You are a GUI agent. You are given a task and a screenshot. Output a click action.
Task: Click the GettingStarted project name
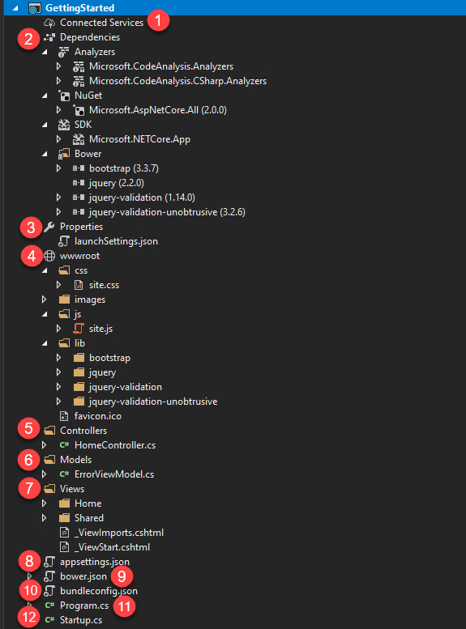click(79, 7)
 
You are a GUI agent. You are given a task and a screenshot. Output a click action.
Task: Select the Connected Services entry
click(101, 23)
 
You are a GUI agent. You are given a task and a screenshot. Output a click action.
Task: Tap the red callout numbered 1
click(158, 20)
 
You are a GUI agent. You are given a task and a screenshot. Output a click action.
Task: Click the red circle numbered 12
click(29, 617)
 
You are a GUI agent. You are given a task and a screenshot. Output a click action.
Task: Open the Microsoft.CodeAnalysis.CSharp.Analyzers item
click(177, 81)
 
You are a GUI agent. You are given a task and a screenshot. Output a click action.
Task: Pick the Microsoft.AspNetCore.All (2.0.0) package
click(158, 110)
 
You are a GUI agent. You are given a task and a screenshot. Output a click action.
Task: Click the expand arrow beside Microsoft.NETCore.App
click(58, 139)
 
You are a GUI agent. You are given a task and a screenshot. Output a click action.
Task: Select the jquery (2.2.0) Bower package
click(117, 183)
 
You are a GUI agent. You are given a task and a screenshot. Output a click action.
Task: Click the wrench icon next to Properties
click(49, 227)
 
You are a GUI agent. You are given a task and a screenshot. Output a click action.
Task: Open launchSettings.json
click(116, 241)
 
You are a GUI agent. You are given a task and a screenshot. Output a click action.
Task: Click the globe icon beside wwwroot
click(49, 256)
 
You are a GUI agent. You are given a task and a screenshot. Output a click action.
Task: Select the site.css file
click(104, 285)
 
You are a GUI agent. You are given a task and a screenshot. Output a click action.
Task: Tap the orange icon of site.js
click(79, 329)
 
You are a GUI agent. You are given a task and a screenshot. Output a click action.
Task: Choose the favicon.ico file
click(97, 416)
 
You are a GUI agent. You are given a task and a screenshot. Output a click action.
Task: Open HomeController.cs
click(115, 445)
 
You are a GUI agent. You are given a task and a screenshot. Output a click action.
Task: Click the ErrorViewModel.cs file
click(114, 474)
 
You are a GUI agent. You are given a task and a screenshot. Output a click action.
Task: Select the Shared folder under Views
click(89, 518)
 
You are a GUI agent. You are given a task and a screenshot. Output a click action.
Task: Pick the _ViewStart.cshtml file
click(112, 547)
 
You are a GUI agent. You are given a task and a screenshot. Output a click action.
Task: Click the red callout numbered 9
click(122, 576)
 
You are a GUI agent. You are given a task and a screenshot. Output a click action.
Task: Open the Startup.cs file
click(81, 620)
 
